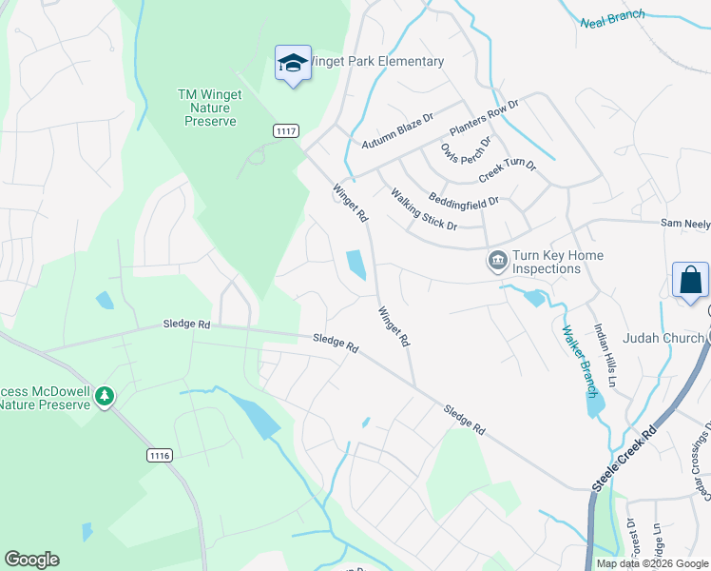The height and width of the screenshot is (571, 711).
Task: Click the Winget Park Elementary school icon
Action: coord(292,64)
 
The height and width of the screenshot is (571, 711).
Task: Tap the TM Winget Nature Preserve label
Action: coord(210,108)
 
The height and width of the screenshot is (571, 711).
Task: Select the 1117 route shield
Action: coord(285,129)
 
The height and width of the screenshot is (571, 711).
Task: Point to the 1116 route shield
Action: coord(160,456)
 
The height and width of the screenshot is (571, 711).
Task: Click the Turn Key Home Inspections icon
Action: coord(496,261)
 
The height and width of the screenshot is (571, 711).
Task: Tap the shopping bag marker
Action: coord(690,280)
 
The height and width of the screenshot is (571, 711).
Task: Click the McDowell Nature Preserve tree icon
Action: coord(105,395)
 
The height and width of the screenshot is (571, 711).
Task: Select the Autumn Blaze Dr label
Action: coord(397,131)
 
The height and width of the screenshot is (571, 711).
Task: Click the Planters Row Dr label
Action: coord(485,118)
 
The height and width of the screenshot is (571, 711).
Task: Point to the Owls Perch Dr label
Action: coord(466,151)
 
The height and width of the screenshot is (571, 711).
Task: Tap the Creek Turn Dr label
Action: coord(508,171)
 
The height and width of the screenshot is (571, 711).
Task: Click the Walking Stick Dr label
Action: coord(424,208)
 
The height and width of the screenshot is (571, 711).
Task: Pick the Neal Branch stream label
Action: coord(612,16)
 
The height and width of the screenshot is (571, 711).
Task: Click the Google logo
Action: coord(31,560)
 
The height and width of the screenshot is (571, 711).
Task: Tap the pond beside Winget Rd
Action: coord(356,265)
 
